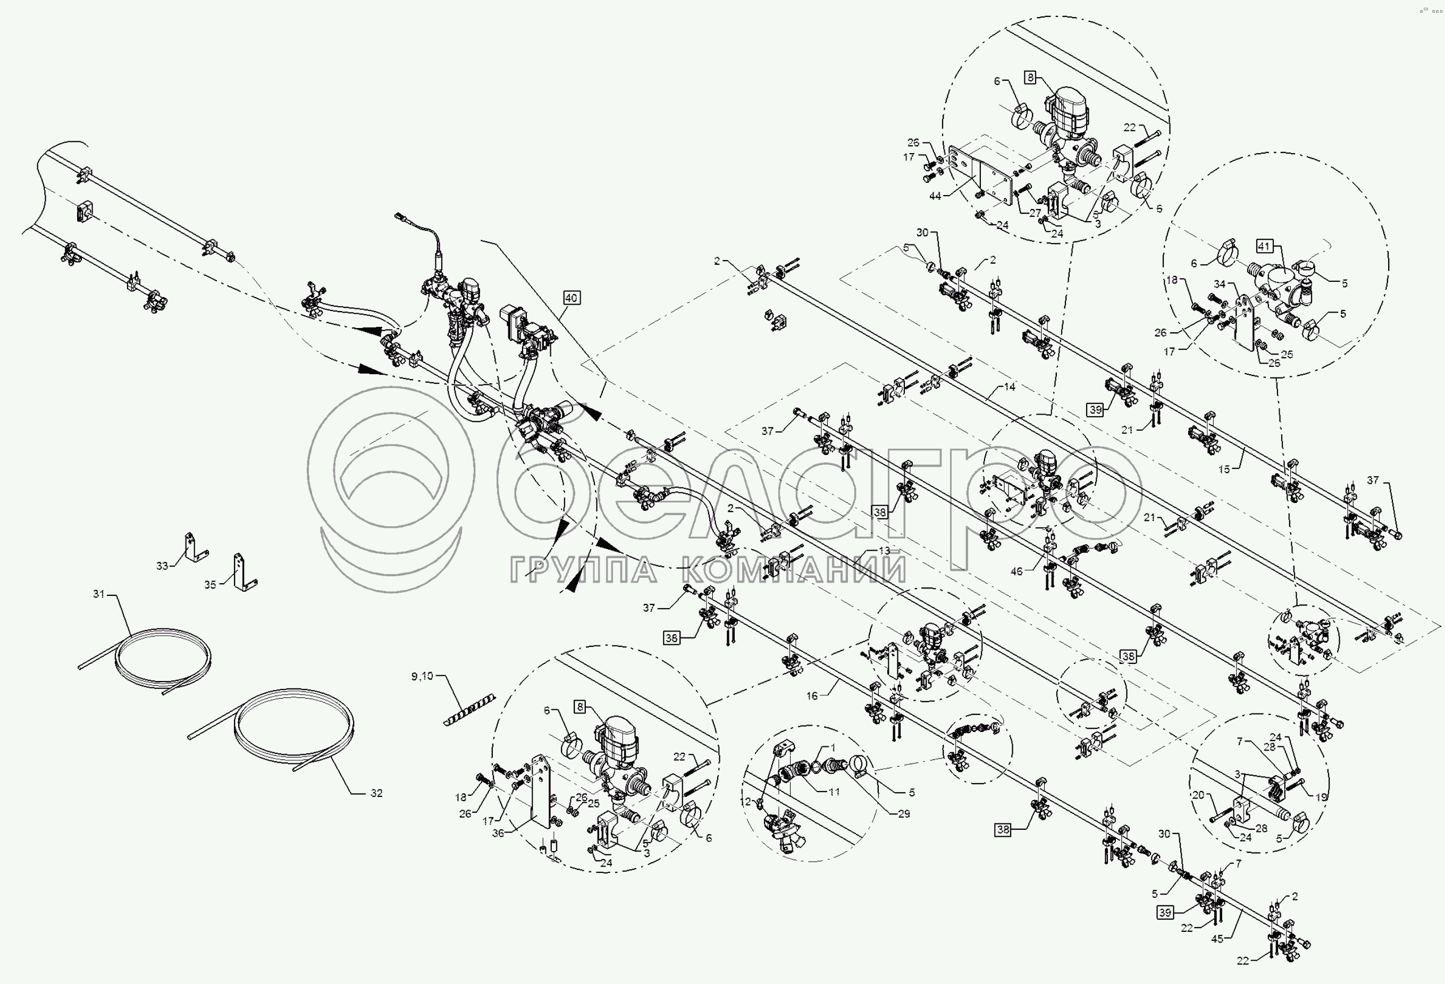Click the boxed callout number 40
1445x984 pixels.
(571, 298)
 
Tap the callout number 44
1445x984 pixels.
(935, 196)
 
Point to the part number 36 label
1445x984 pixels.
(498, 833)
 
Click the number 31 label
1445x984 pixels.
(99, 594)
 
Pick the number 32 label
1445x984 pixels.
(376, 793)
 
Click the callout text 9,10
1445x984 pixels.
(422, 676)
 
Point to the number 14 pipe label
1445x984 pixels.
(1009, 386)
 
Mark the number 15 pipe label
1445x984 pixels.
(1224, 469)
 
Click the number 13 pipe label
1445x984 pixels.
(884, 551)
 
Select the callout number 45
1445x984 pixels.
(1217, 939)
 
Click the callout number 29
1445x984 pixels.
(903, 814)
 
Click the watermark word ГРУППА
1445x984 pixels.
(583, 570)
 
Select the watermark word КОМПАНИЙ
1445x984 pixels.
(793, 570)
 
